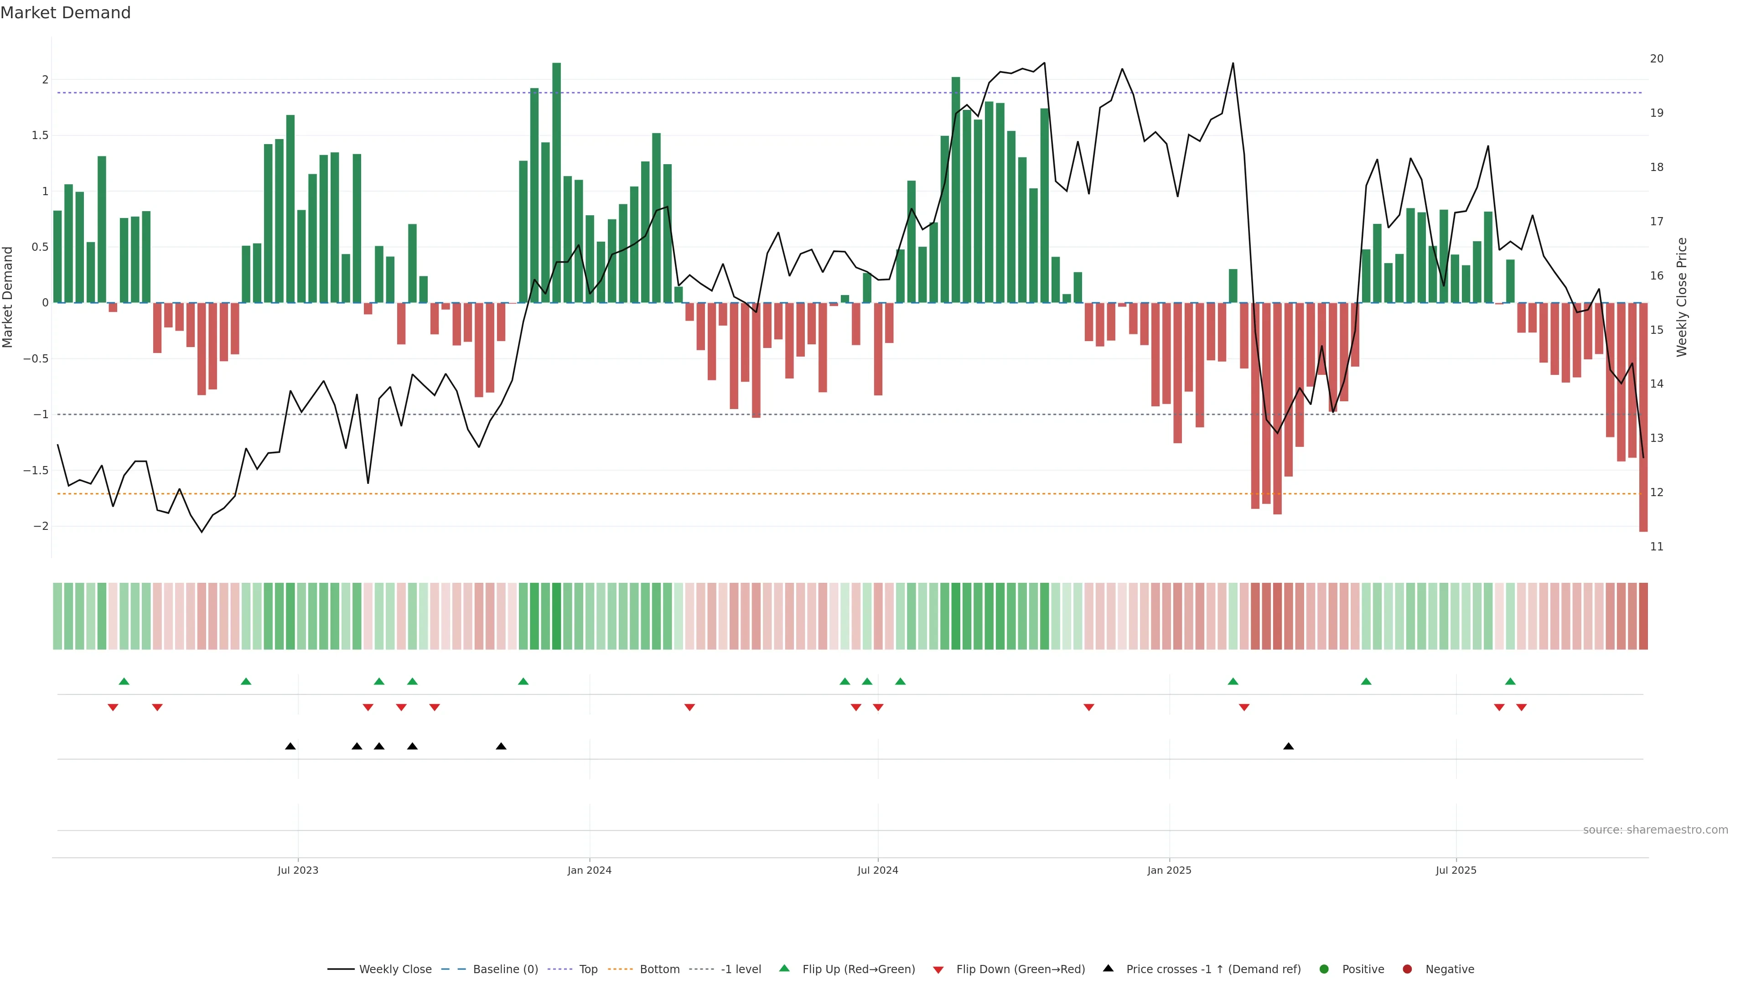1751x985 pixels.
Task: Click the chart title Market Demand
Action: (x=65, y=13)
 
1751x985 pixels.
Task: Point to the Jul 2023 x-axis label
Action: (x=298, y=870)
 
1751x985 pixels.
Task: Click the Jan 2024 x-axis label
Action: (x=589, y=870)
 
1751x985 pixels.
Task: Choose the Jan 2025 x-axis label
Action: (x=1169, y=870)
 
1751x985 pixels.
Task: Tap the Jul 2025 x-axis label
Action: (x=1456, y=870)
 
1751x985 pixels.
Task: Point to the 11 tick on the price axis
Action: (x=1657, y=547)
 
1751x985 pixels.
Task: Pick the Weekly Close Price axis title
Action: (x=1682, y=297)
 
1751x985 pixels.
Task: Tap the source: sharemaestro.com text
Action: (x=1655, y=830)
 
